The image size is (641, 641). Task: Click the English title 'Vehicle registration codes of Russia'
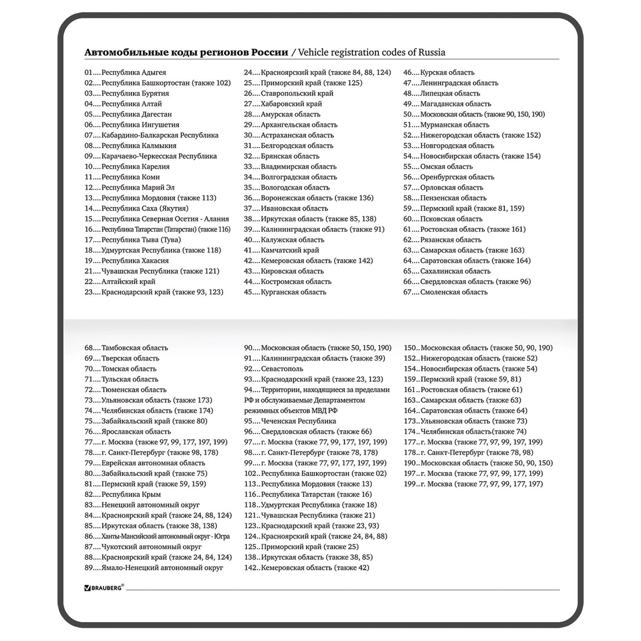click(371, 53)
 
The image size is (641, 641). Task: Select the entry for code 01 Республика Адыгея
click(125, 73)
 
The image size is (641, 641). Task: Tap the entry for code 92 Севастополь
click(273, 369)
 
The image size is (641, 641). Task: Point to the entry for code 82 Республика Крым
click(123, 494)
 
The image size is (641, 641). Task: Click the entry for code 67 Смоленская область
click(445, 292)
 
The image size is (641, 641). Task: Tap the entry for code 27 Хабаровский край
click(283, 104)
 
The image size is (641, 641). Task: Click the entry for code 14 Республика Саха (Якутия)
click(136, 209)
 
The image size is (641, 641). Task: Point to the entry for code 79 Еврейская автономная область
click(145, 463)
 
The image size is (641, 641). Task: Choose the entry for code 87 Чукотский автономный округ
click(143, 547)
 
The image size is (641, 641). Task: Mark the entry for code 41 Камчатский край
click(281, 250)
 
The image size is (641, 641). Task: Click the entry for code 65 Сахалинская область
click(447, 271)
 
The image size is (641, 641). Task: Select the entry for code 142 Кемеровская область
click(306, 568)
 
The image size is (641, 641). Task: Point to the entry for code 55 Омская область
click(438, 167)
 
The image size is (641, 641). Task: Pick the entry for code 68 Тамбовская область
click(126, 348)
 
